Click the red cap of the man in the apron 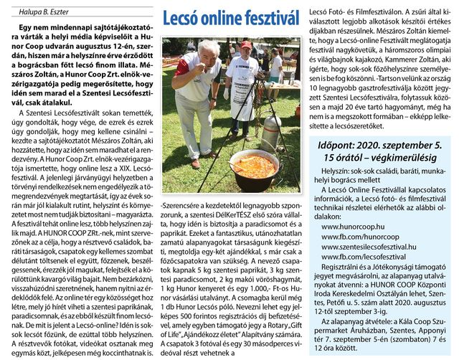247,45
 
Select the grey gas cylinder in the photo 273,133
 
